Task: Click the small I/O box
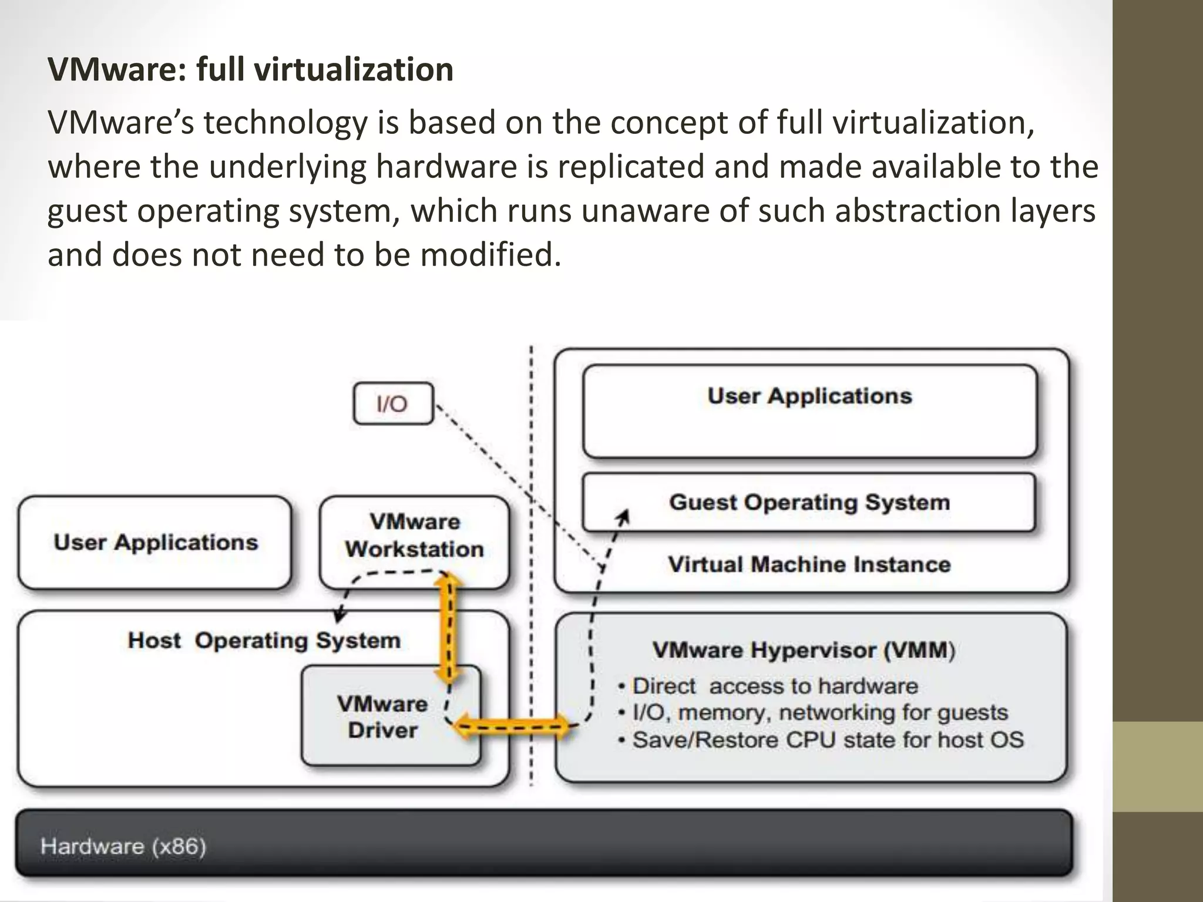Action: click(392, 403)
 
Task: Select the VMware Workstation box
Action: click(415, 536)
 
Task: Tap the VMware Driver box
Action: click(382, 716)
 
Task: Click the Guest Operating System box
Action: click(809, 503)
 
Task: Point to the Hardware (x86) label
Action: click(123, 846)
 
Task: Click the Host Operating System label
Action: click(264, 640)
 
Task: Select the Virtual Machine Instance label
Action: click(809, 564)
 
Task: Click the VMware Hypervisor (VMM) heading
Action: click(803, 650)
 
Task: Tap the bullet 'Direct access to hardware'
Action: click(774, 686)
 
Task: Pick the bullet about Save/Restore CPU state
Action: click(827, 739)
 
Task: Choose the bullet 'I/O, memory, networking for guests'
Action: click(819, 712)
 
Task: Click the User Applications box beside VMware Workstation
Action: click(155, 542)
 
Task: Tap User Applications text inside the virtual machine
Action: click(809, 396)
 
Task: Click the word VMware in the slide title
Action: click(115, 69)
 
